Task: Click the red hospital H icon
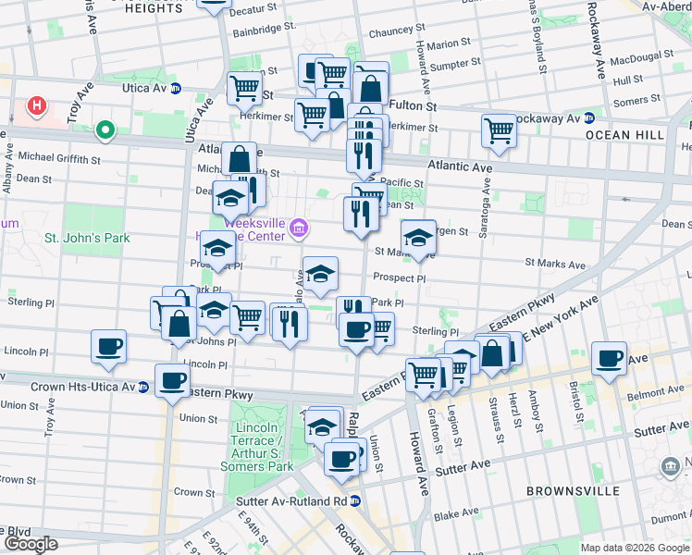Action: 37,106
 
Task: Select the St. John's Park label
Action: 88,238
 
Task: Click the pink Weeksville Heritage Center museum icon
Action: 298,228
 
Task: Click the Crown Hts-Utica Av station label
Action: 83,387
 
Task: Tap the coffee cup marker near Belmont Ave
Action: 609,358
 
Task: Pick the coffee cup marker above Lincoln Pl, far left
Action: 108,346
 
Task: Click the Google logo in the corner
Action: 31,544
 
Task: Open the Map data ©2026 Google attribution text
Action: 635,547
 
